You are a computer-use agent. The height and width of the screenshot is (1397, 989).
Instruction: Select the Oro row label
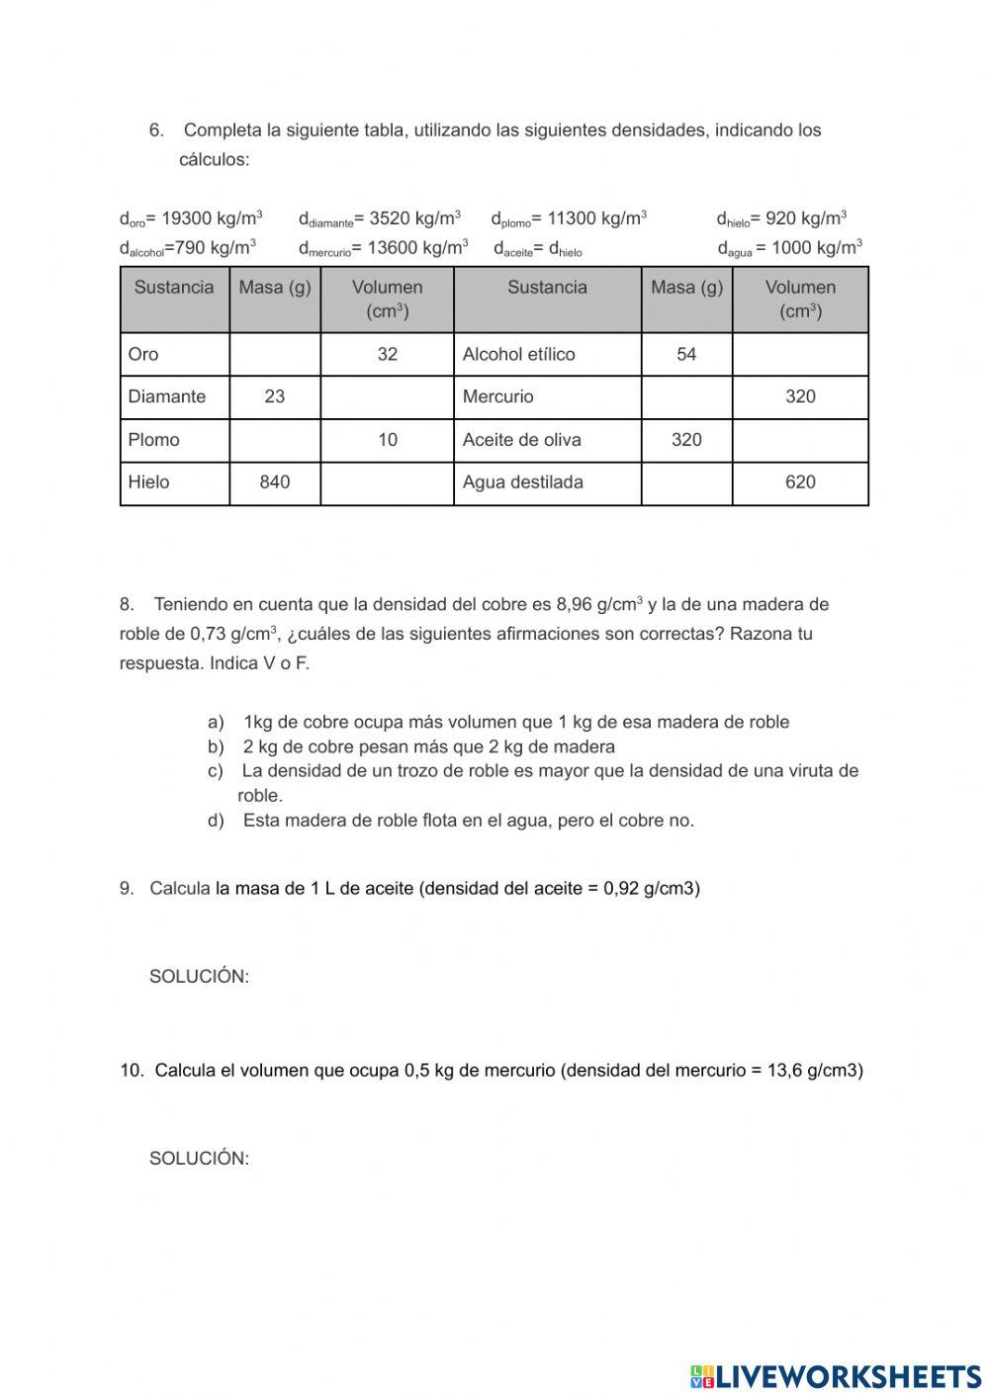tap(143, 354)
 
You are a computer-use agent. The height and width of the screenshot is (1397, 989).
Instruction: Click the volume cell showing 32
tap(387, 354)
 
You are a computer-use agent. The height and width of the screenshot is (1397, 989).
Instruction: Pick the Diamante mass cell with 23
tap(275, 396)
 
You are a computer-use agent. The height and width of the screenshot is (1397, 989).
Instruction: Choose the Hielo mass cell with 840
tap(275, 482)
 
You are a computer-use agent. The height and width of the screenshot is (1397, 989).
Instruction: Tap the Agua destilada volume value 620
tap(800, 482)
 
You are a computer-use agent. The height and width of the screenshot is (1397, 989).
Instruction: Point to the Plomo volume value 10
tap(387, 440)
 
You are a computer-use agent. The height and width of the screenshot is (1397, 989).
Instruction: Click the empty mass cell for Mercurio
tap(686, 396)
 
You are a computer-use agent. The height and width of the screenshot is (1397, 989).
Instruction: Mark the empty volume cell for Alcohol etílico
tap(800, 354)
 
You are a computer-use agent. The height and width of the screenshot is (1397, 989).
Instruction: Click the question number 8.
tap(127, 604)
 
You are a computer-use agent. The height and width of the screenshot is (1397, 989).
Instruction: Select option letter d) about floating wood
tap(216, 821)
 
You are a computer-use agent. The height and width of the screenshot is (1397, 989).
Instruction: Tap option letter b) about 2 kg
tap(216, 746)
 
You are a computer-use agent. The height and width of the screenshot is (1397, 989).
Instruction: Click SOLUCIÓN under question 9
tap(199, 976)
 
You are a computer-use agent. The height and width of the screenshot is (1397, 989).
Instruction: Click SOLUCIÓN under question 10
tap(199, 1158)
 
